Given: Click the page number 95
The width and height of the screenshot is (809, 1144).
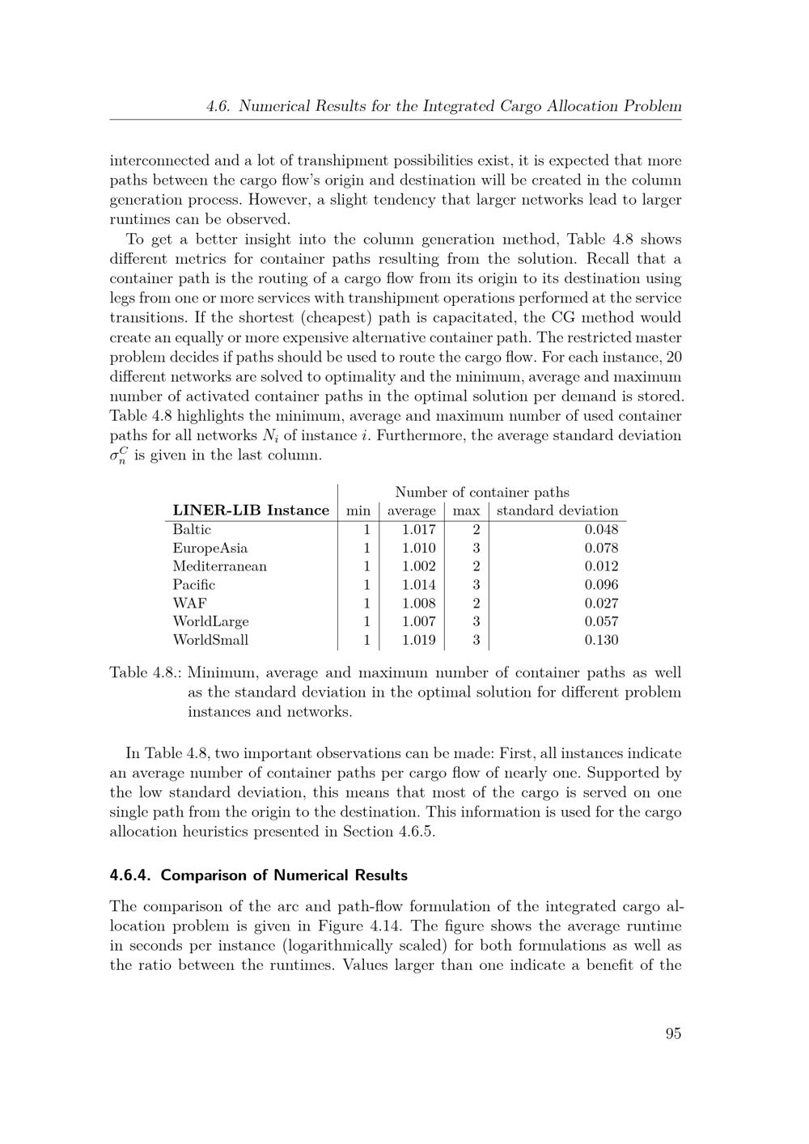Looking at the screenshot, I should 673,1033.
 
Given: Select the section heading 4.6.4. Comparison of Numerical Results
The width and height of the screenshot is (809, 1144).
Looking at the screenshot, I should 259,875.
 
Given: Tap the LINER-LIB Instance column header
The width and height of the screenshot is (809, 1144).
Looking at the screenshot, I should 251,511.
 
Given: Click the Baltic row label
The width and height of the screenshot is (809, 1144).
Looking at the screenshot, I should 192,530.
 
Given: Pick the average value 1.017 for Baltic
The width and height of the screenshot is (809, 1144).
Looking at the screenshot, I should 418,530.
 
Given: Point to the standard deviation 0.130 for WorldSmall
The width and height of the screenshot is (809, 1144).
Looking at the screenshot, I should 601,640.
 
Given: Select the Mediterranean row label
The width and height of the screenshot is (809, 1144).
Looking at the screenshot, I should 219,566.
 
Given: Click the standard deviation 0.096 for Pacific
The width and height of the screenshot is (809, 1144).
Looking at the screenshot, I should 601,585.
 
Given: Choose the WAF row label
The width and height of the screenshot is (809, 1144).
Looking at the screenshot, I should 189,604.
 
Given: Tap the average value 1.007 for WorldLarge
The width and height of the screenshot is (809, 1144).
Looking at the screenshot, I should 418,621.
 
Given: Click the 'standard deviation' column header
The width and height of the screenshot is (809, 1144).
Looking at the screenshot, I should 557,511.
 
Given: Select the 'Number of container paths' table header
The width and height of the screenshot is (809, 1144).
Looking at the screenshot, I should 482,492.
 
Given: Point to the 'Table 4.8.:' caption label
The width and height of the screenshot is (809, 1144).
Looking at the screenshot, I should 146,673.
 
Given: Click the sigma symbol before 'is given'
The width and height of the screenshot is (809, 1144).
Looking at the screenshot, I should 119,456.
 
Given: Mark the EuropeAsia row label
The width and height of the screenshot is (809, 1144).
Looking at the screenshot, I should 210,549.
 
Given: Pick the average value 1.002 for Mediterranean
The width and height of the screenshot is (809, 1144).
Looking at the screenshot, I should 418,566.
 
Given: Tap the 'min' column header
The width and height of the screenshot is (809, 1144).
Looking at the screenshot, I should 358,511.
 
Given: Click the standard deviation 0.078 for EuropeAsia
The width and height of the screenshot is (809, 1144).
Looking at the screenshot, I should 601,549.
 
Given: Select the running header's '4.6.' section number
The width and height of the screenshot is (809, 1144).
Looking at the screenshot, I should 219,106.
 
